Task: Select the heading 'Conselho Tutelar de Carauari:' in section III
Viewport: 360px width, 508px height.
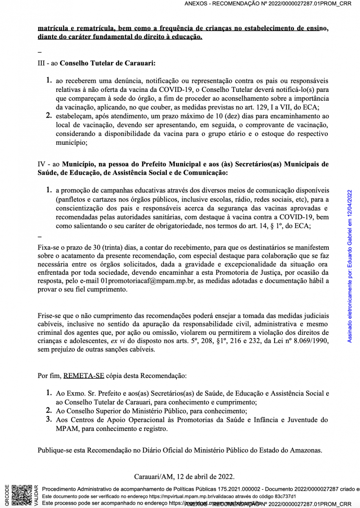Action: (x=108, y=63)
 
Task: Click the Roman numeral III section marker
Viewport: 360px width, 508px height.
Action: (x=41, y=63)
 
